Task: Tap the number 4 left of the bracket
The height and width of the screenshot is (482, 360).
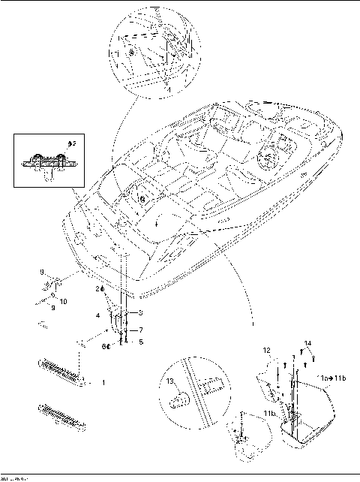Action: tap(97, 315)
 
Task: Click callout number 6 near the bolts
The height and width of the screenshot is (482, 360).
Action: tap(106, 346)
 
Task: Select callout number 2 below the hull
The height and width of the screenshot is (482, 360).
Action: tap(97, 288)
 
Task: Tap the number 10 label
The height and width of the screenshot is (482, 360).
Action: tap(63, 301)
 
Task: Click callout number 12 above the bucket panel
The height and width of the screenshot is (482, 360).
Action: tap(266, 351)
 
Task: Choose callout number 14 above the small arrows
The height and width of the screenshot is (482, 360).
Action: tap(307, 344)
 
